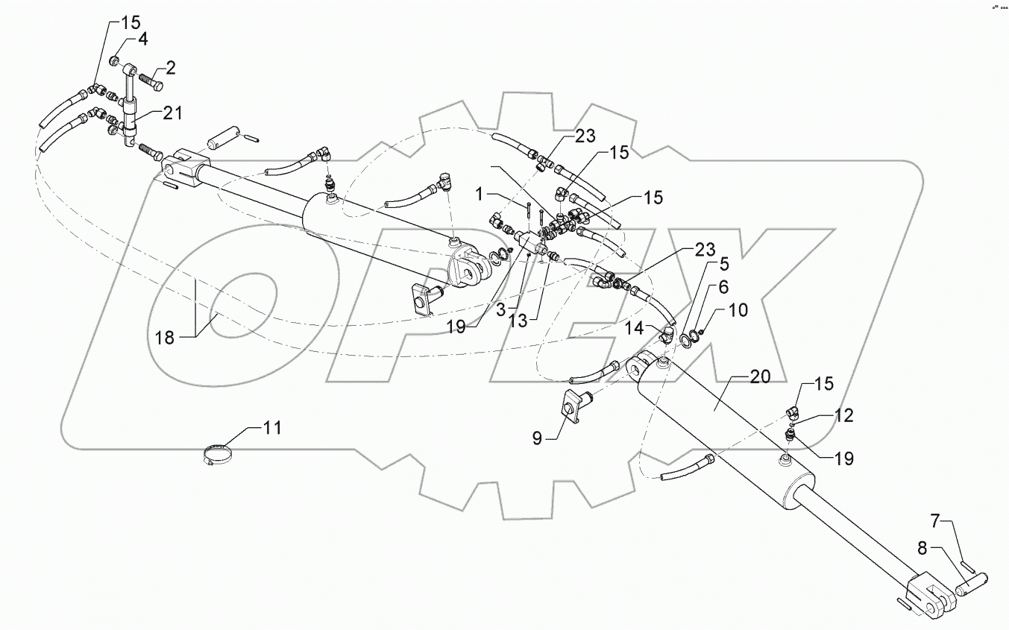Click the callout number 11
tap(272, 428)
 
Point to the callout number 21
tap(172, 113)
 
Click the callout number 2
tap(170, 69)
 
